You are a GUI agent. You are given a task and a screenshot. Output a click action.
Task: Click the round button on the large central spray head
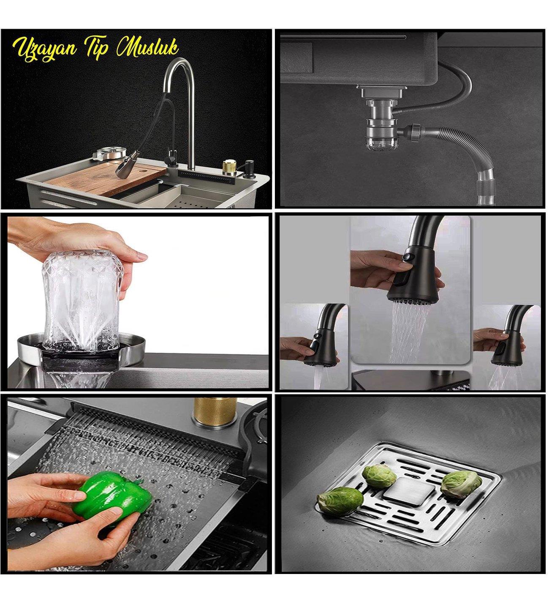[407, 257]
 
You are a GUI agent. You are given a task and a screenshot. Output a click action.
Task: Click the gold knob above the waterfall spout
[215, 411]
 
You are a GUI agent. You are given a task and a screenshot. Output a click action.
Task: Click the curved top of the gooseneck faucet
[177, 72]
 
